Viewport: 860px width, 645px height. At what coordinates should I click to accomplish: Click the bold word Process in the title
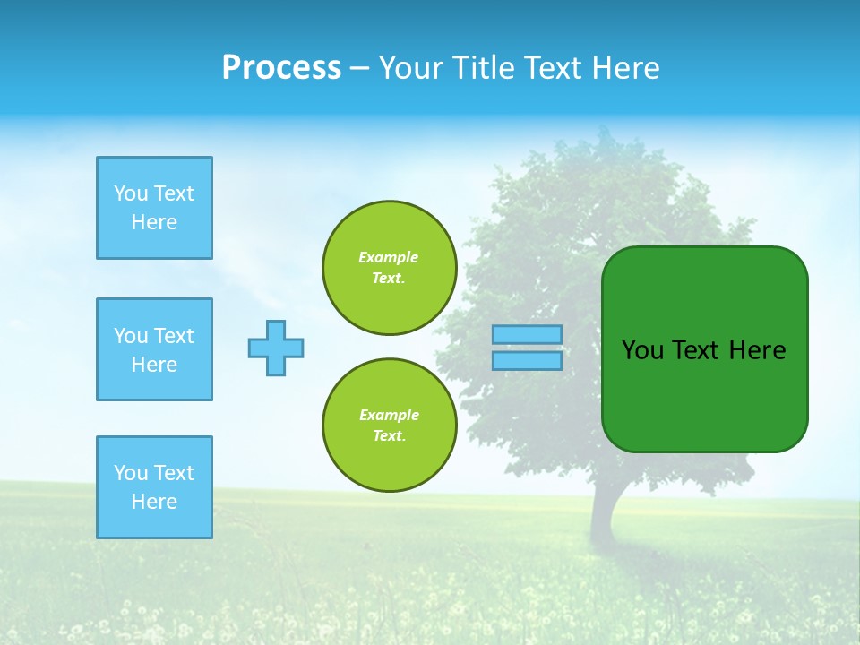click(x=281, y=68)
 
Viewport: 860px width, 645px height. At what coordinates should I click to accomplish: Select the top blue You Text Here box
click(x=154, y=208)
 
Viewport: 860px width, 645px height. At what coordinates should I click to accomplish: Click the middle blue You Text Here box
click(x=154, y=349)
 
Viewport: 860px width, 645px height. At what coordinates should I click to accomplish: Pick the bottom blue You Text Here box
click(x=154, y=487)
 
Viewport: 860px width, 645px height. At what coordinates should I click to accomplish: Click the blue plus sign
click(x=276, y=348)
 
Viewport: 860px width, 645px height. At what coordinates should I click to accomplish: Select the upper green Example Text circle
click(x=390, y=268)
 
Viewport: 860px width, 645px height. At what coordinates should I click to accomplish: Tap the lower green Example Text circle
click(x=390, y=426)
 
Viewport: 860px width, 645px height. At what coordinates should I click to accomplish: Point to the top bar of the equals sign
click(x=528, y=335)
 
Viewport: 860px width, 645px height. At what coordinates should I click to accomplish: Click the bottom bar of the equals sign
click(x=528, y=360)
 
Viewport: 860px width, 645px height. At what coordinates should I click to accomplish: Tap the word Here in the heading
click(x=625, y=68)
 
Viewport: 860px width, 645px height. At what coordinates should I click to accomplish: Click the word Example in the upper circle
click(x=389, y=257)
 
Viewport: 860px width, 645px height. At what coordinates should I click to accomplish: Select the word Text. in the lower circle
click(x=389, y=436)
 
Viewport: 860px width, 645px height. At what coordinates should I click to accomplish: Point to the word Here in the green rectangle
click(x=757, y=350)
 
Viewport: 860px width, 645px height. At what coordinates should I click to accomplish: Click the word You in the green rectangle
click(x=642, y=350)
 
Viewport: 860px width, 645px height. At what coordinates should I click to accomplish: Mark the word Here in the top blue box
click(x=154, y=222)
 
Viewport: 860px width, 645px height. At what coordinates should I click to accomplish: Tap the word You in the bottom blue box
click(x=131, y=473)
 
